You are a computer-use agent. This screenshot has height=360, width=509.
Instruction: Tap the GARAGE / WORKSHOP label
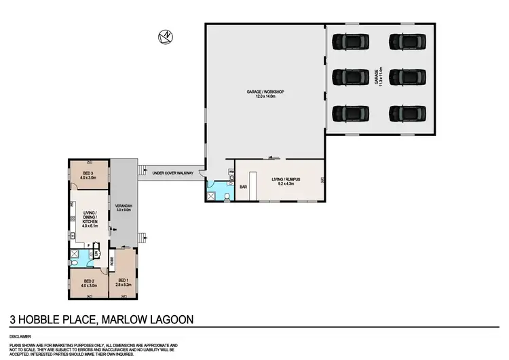(x=265, y=93)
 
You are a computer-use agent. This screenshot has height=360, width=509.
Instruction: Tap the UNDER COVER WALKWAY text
(x=173, y=173)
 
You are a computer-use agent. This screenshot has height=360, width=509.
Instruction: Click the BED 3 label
(x=88, y=173)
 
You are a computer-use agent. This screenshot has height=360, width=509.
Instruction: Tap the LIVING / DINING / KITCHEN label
(x=90, y=217)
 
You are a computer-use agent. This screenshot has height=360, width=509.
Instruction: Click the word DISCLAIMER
(x=18, y=336)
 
